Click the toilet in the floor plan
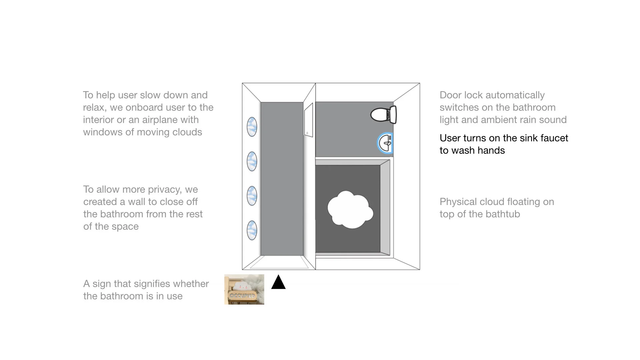point(383,115)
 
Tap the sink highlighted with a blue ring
point(386,143)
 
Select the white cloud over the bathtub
point(350,209)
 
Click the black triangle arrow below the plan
point(278,282)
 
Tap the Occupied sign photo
point(244,289)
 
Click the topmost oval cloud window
point(252,127)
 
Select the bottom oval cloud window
point(252,230)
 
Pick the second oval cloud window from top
point(252,161)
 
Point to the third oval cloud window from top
point(252,196)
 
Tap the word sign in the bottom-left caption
point(101,284)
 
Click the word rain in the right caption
point(530,120)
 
